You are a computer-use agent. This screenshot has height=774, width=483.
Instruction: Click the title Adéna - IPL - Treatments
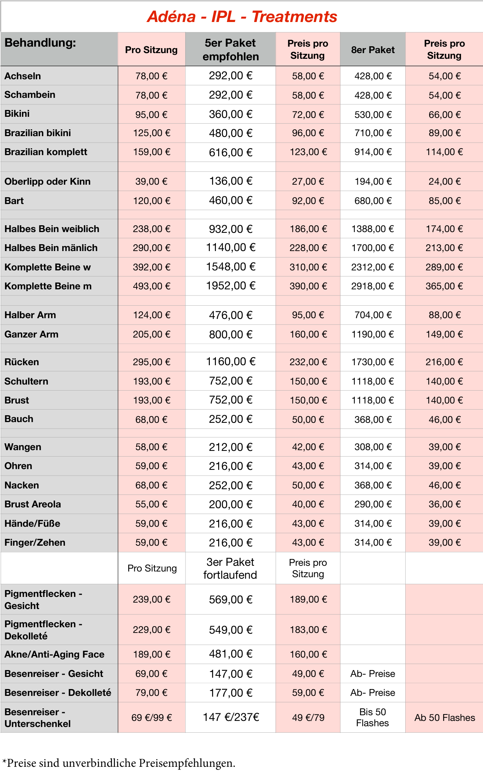point(242,17)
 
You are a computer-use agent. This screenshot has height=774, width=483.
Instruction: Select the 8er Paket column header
point(373,50)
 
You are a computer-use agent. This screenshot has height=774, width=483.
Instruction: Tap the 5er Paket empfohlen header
point(230,50)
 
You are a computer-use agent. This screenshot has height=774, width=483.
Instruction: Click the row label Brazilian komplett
point(46,152)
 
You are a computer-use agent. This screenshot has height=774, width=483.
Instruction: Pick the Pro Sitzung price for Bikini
point(151,115)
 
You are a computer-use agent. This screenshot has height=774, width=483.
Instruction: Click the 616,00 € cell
point(231,152)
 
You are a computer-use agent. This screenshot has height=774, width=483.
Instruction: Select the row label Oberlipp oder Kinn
point(47,181)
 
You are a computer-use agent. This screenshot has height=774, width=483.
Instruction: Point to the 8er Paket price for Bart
point(373,201)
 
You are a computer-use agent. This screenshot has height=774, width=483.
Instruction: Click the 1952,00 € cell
point(231,286)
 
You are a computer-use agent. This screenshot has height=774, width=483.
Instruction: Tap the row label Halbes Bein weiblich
point(52,229)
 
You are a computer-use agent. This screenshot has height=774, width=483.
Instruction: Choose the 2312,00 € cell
point(373,267)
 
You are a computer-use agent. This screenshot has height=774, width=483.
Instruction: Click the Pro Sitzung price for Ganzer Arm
point(151,334)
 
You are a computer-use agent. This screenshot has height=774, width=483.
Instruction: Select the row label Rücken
point(22,362)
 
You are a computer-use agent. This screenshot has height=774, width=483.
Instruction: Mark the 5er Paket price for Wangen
point(231,447)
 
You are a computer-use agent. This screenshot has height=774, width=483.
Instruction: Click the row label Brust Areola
point(33,504)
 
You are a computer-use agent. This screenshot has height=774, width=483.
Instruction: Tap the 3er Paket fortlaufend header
point(230,568)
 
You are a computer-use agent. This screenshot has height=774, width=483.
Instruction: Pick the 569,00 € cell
point(231,600)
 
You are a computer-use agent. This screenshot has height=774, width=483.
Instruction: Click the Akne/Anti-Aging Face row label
point(54,654)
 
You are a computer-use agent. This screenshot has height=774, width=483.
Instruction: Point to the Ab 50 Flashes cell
point(445,717)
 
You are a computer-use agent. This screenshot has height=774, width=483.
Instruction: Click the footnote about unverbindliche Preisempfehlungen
point(119,763)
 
